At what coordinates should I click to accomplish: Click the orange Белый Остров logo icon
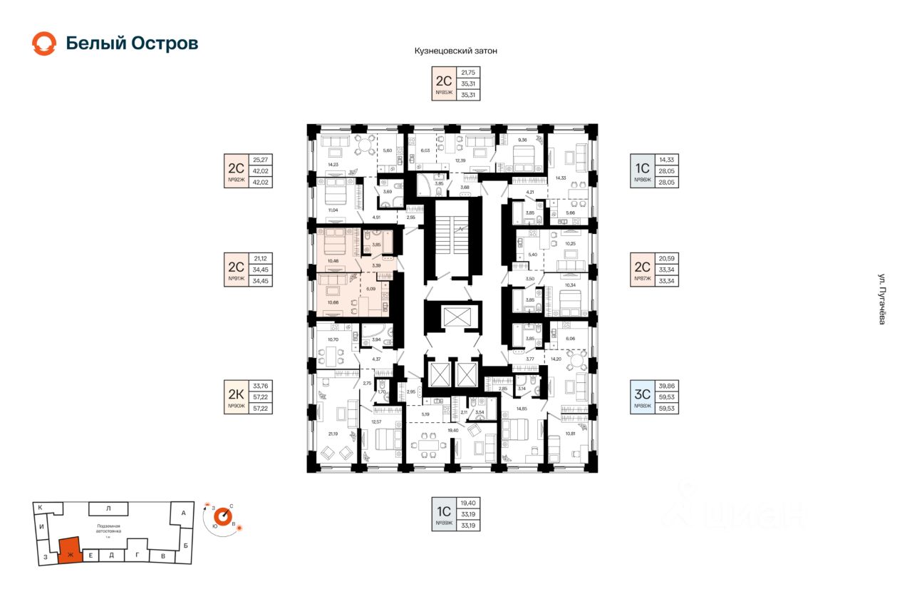point(44,43)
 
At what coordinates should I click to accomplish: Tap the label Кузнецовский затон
point(455,51)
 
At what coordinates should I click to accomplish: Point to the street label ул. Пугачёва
point(881,300)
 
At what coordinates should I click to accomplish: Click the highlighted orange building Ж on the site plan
point(69,551)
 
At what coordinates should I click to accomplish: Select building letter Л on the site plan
point(108,508)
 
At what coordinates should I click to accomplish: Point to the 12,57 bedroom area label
point(377,421)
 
